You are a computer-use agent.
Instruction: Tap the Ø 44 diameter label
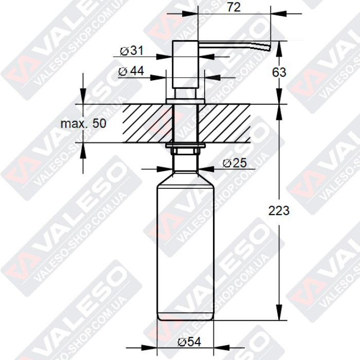point(131,71)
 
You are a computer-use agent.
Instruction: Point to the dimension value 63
point(279,73)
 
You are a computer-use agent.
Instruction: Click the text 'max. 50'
point(83,124)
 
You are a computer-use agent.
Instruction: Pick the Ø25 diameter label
point(235,163)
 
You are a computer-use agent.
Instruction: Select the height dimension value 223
point(279,210)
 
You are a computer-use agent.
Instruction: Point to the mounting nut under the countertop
point(186,150)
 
